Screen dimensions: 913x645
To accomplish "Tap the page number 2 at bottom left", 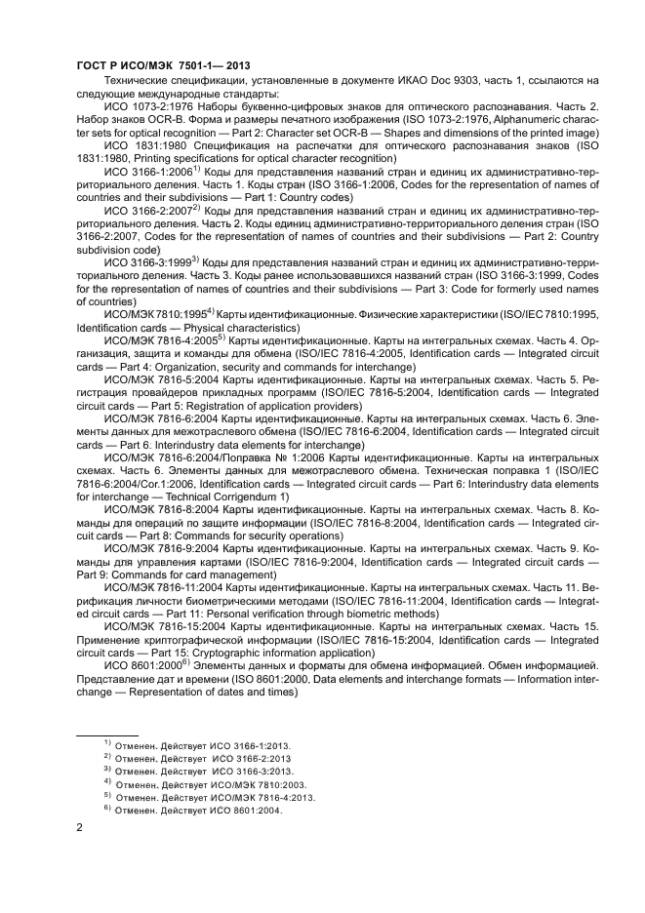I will (80, 828).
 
